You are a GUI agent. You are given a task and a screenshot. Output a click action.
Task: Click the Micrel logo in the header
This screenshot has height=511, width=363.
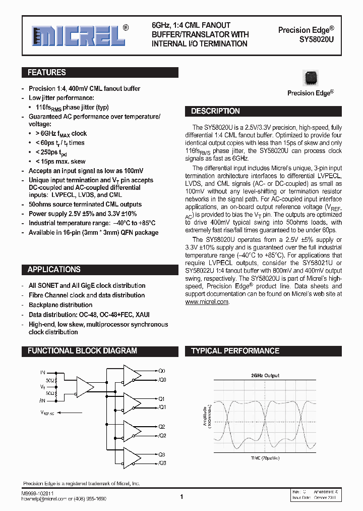78,36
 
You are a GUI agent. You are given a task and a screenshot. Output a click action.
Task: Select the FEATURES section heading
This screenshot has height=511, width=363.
46,73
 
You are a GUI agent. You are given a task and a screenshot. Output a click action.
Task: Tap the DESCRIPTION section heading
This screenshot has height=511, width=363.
215,111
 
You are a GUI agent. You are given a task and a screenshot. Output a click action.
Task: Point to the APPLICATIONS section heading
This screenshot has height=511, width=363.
54,270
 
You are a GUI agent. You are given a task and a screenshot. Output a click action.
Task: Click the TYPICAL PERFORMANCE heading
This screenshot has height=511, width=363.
235,351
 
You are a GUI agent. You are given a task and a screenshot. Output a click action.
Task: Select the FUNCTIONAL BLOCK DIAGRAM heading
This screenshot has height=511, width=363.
82,351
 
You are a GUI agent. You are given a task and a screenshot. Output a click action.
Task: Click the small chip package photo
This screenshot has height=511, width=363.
310,79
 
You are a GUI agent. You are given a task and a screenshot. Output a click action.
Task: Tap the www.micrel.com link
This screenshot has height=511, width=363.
207,302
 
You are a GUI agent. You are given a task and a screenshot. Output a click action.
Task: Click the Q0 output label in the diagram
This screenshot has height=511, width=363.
162,371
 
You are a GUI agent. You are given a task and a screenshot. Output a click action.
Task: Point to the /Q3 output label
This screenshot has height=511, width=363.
162,463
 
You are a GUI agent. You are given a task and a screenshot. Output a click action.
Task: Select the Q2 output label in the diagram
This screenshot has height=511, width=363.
162,427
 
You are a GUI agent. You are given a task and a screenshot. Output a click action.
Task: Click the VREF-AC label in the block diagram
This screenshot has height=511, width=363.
49,413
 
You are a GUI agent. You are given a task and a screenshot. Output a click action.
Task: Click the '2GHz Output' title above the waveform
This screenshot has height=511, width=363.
265,376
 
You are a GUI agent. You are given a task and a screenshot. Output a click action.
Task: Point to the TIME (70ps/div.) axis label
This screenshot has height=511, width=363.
265,458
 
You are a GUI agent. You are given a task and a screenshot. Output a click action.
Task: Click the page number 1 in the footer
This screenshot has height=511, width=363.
181,497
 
